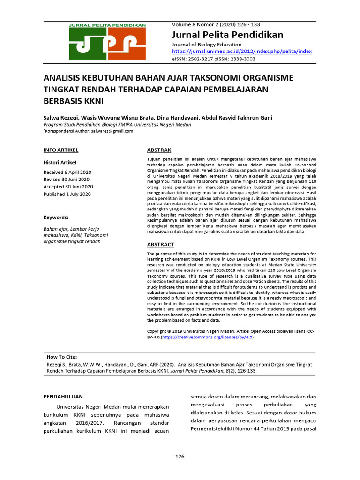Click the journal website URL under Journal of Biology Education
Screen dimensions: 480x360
pyautogui.click(x=242, y=52)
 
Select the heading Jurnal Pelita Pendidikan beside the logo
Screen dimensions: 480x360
pyautogui.click(x=228, y=35)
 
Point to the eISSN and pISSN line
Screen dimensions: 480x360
pyautogui.click(x=214, y=59)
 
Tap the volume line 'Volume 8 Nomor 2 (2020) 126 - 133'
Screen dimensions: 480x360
pyautogui.click(x=216, y=24)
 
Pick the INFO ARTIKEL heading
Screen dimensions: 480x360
pyautogui.click(x=60, y=150)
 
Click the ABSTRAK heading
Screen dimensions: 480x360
pyautogui.click(x=159, y=150)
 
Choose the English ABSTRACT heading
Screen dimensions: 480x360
pyautogui.click(x=160, y=244)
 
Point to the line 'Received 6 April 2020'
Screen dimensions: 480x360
pyautogui.click(x=67, y=172)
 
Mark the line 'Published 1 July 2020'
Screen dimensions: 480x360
pyautogui.click(x=67, y=194)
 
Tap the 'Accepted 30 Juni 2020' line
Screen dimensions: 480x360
pyautogui.click(x=68, y=187)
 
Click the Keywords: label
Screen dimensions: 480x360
pyautogui.click(x=56, y=217)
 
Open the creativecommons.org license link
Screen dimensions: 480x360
pyautogui.click(x=207, y=337)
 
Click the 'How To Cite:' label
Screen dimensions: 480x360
pyautogui.click(x=62, y=357)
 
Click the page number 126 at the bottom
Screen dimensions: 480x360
pyautogui.click(x=180, y=456)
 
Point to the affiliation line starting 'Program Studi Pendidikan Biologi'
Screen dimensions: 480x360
pyautogui.click(x=117, y=125)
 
